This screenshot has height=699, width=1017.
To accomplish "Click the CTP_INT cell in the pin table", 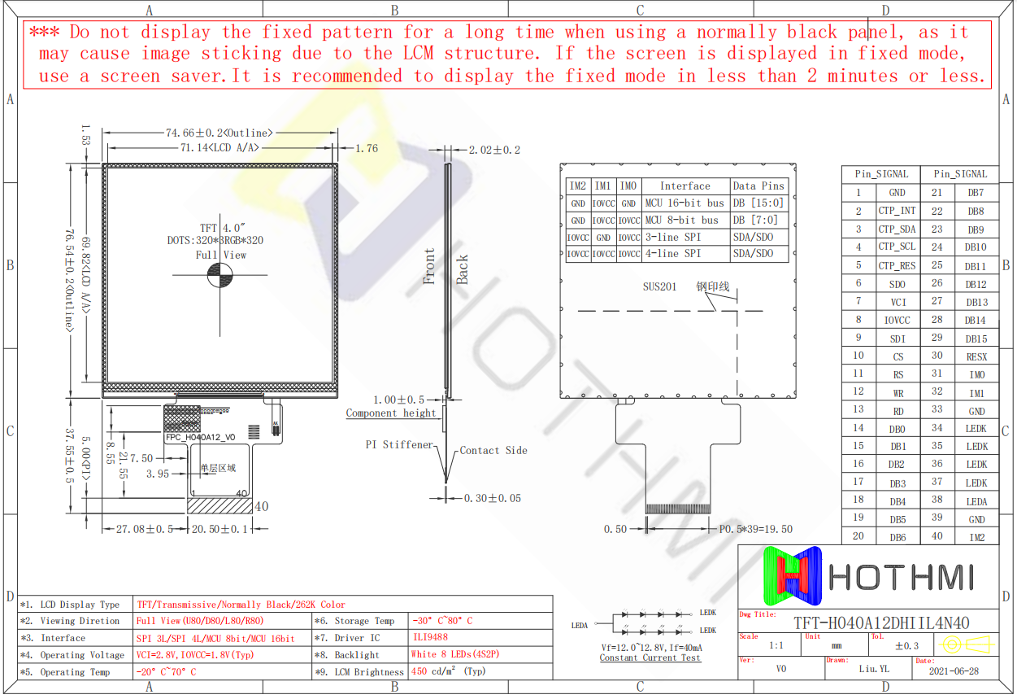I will (x=897, y=211).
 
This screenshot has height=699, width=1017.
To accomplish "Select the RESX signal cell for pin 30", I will (x=976, y=356).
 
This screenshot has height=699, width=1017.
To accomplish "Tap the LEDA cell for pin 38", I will (x=976, y=501).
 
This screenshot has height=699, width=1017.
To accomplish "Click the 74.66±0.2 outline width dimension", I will (x=219, y=133).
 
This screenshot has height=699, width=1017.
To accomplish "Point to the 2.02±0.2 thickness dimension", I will (x=494, y=150).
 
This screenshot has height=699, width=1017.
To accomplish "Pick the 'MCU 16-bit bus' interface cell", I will (x=684, y=203).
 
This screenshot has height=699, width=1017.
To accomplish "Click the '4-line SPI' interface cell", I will (x=672, y=254).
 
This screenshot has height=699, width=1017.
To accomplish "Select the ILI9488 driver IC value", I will (x=429, y=637).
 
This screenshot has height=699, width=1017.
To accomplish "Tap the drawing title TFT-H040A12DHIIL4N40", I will (x=881, y=623).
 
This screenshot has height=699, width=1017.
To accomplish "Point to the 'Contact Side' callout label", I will (x=493, y=450).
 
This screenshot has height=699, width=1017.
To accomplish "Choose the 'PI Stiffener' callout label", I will (x=399, y=445).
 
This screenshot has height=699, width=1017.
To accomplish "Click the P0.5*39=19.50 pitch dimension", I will (x=755, y=529).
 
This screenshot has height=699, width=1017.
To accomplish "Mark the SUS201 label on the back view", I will (x=659, y=287).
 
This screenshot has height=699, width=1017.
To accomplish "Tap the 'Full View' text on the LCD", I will (x=220, y=255).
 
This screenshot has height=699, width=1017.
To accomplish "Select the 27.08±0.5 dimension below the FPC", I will (x=145, y=529).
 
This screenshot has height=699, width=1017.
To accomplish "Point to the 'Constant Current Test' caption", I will (x=650, y=657).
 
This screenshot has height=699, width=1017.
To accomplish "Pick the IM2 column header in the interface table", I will (x=577, y=186).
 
